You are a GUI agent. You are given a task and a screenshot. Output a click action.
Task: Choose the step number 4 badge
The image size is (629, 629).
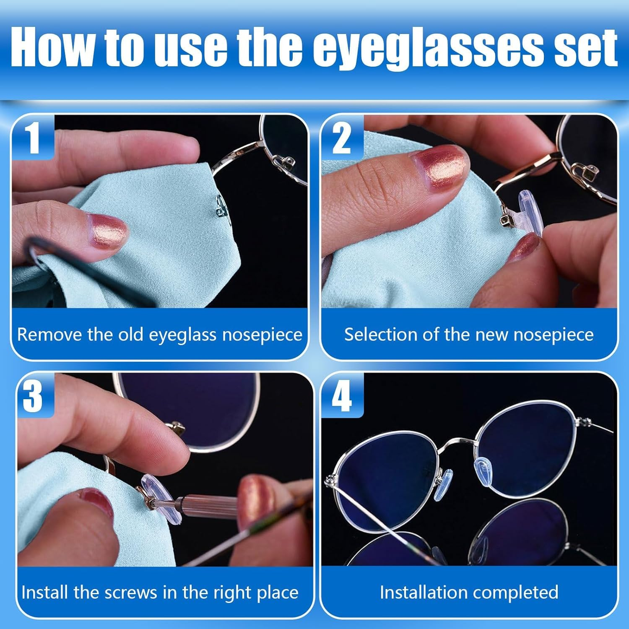click(x=342, y=396)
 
